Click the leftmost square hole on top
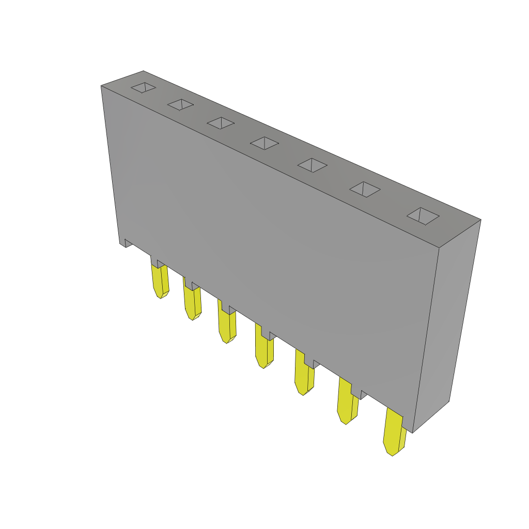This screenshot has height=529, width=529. coord(143,88)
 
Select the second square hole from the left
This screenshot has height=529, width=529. coord(180,105)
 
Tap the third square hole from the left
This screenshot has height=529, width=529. coord(221,123)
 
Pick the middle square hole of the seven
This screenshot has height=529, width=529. coord(264,143)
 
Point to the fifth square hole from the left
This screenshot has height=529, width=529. coord(312,165)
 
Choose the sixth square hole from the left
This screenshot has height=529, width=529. coord(365,189)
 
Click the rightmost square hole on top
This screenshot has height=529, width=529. coord(423,216)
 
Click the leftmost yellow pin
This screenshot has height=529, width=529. coord(160,282)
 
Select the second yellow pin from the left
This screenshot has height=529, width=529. coord(192,302)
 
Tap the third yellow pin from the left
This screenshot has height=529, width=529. coord(226,325)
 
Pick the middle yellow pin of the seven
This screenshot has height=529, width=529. coord(263,349)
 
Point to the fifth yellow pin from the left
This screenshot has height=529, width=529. coord(304,375)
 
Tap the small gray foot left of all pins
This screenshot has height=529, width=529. coord(128,243)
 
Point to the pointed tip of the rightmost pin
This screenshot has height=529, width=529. coord(392,453)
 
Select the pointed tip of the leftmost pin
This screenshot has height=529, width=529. coord(160,296)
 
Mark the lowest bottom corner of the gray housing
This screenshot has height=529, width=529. coord(412,432)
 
